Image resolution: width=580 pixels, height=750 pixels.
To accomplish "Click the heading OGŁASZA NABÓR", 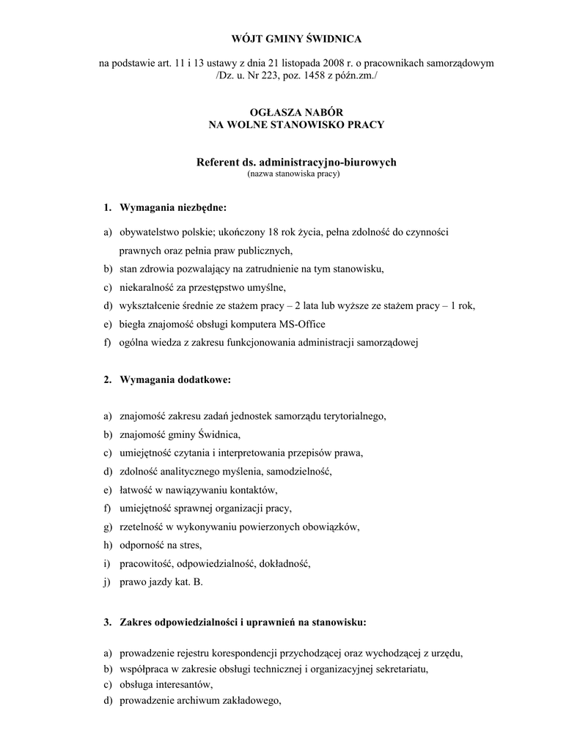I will (x=296, y=112).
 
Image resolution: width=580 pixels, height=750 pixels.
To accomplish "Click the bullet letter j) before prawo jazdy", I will (x=107, y=582).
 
